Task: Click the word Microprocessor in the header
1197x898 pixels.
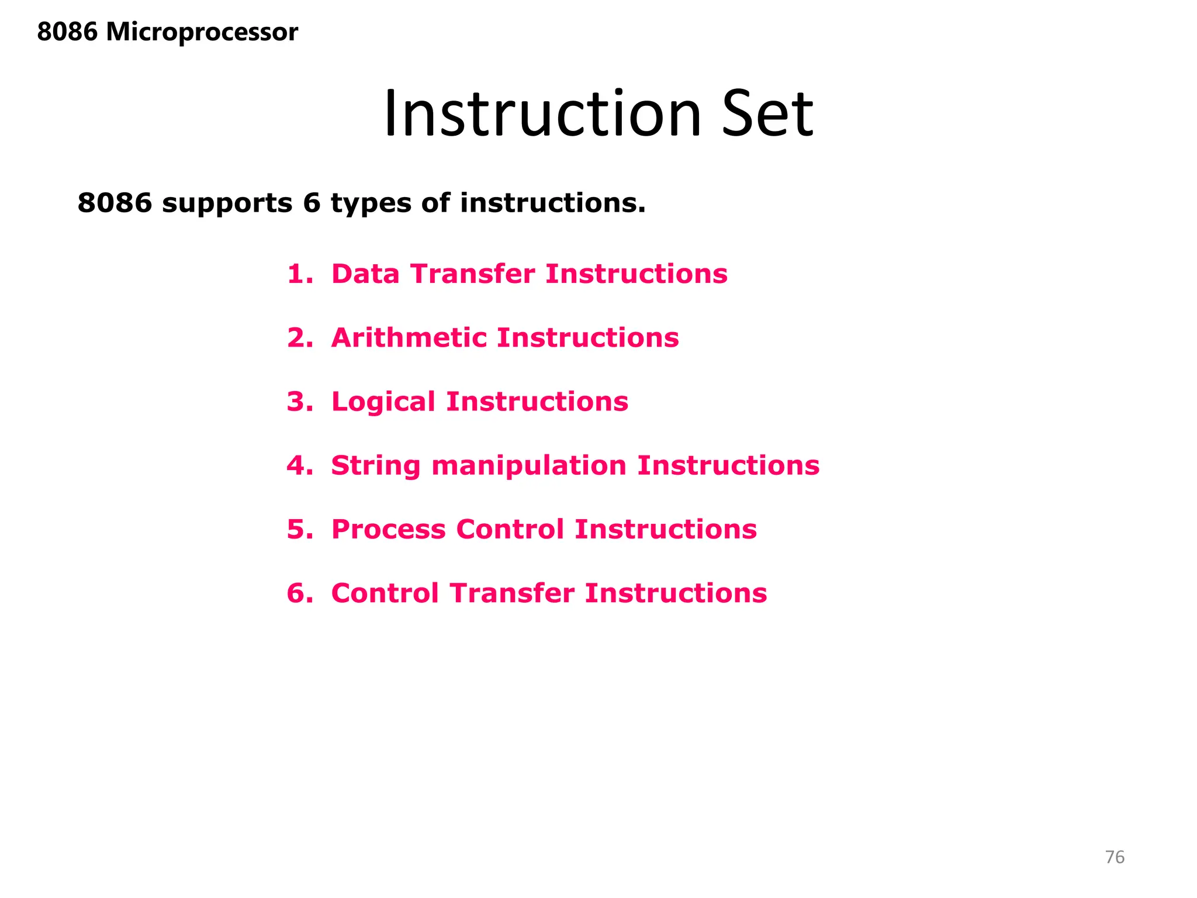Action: pyautogui.click(x=202, y=32)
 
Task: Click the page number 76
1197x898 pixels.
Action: pyautogui.click(x=1115, y=857)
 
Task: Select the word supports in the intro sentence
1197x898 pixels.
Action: pyautogui.click(x=227, y=203)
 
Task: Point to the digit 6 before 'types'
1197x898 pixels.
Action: pyautogui.click(x=312, y=203)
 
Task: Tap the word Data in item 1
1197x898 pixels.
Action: pyautogui.click(x=365, y=274)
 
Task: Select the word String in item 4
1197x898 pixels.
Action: pyautogui.click(x=375, y=466)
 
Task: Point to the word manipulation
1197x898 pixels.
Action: pyautogui.click(x=528, y=466)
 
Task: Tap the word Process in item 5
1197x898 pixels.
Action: pyautogui.click(x=388, y=530)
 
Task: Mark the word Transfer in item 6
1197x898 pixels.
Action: pyautogui.click(x=512, y=593)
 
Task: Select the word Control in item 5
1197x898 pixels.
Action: pyautogui.click(x=510, y=530)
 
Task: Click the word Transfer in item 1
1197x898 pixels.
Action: pyautogui.click(x=472, y=274)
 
